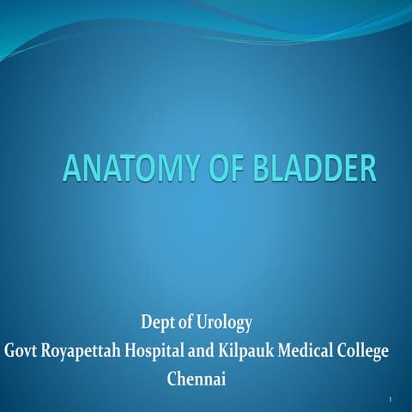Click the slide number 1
coord(390,400)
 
